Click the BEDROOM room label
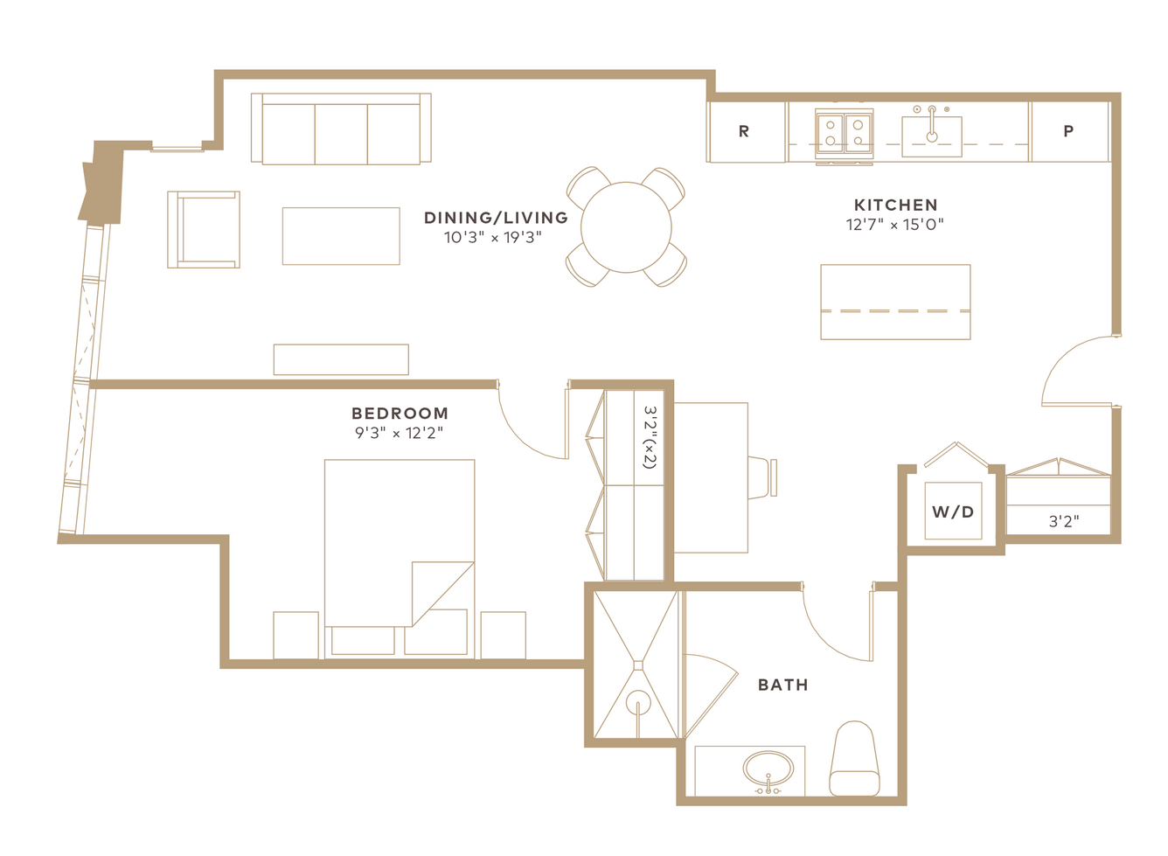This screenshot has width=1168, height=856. [x=400, y=413]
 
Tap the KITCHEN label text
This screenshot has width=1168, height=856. [x=895, y=205]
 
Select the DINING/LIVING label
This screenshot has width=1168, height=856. [x=496, y=218]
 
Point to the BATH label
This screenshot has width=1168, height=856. [x=782, y=685]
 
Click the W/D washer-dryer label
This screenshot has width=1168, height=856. [x=953, y=512]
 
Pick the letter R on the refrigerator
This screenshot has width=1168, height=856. [x=744, y=131]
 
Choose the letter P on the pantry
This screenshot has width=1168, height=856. [x=1068, y=131]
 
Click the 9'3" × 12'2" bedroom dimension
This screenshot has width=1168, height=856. [x=399, y=433]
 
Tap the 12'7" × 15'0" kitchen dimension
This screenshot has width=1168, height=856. [x=894, y=225]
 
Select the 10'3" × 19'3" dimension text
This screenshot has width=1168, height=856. [x=493, y=238]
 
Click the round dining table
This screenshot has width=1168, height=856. [x=626, y=227]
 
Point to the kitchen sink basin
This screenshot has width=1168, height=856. [x=932, y=136]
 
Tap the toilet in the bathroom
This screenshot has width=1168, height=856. [x=854, y=759]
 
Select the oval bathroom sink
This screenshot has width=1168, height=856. [x=768, y=769]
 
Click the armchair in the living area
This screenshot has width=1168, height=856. [x=204, y=229]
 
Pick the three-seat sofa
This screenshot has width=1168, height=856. [x=341, y=129]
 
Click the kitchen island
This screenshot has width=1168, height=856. [x=895, y=302]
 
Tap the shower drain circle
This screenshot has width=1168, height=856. [x=637, y=702]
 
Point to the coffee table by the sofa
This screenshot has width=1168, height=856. [x=341, y=236]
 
